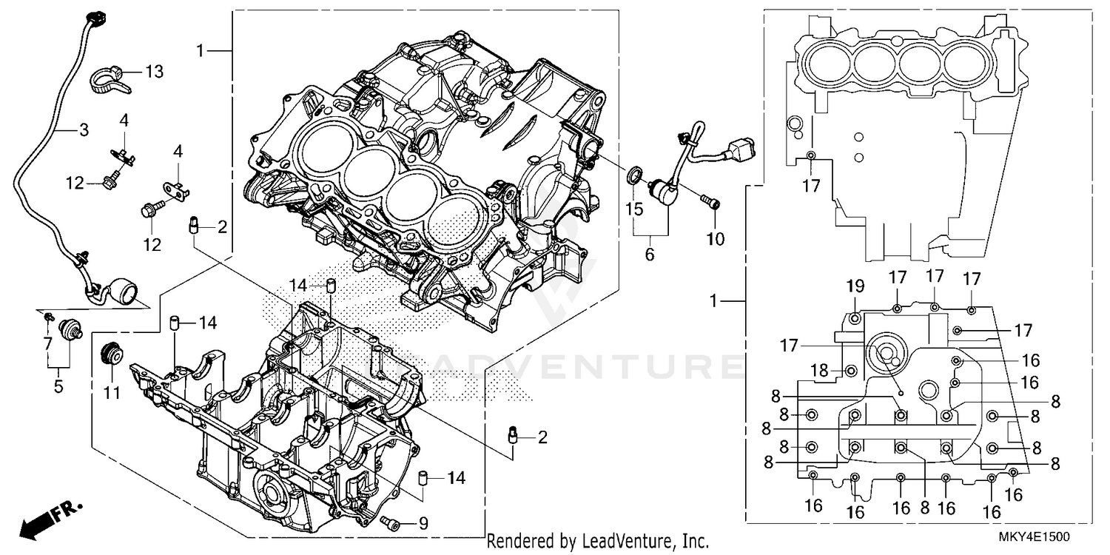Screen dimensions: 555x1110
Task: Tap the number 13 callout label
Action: [x=154, y=72]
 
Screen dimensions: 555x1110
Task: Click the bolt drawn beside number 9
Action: [x=391, y=524]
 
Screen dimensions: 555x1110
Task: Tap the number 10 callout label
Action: [x=715, y=239]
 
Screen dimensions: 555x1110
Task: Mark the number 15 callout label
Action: [x=635, y=209]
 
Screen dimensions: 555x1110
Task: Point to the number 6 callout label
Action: [x=650, y=254]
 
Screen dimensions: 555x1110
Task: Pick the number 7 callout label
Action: [x=48, y=343]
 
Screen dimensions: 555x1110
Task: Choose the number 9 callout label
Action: [x=423, y=524]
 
